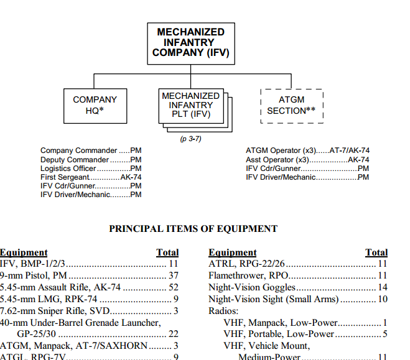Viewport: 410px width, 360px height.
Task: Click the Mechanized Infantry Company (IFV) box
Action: [190, 42]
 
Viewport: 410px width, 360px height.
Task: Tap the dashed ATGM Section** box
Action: [291, 105]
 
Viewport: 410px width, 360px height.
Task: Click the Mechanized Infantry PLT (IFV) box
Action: [190, 106]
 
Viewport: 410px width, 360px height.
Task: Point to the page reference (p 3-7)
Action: [190, 139]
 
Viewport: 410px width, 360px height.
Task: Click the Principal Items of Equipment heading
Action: [193, 229]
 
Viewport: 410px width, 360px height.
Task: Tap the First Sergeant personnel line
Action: [91, 177]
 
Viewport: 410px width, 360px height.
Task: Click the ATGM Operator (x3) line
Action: [307, 151]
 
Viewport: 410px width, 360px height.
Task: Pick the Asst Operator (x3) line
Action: [307, 160]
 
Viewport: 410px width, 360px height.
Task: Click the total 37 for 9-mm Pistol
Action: [174, 275]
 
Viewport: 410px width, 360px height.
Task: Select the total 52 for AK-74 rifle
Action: [174, 287]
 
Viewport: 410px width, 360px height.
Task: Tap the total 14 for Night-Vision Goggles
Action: [382, 287]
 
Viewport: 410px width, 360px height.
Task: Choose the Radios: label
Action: [223, 311]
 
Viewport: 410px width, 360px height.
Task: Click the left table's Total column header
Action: [167, 252]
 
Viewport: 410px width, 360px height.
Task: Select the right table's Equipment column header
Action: [232, 252]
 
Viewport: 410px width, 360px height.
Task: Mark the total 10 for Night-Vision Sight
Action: [382, 299]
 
